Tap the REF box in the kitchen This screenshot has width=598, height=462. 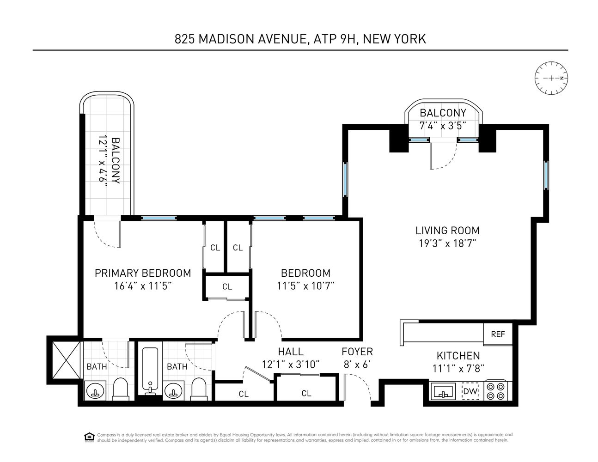click(x=498, y=334)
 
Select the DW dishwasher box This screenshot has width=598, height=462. click(x=470, y=391)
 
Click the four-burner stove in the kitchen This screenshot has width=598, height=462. click(x=495, y=391)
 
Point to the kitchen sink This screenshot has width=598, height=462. click(x=444, y=392)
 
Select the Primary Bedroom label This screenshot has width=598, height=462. click(x=143, y=273)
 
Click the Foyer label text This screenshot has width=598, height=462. click(x=357, y=352)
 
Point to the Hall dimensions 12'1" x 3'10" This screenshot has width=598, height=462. click(x=291, y=365)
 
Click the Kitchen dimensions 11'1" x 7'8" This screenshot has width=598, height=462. click(x=458, y=369)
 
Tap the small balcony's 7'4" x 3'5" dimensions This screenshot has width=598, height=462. click(x=443, y=125)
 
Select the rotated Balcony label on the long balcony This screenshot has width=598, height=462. click(x=116, y=161)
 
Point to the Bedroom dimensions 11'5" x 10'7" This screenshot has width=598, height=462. click(x=305, y=286)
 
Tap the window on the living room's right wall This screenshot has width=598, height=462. click(x=546, y=175)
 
